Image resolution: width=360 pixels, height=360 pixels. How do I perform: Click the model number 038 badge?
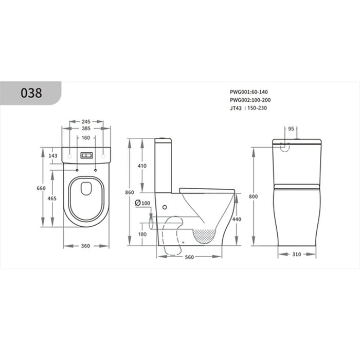(x=32, y=94)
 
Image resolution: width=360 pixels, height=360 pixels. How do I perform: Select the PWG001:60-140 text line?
(x=249, y=92)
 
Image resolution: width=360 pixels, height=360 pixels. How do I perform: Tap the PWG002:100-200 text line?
(x=250, y=100)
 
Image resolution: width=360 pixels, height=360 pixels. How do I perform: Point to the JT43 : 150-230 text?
(x=248, y=108)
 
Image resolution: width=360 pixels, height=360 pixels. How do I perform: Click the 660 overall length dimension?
(x=42, y=188)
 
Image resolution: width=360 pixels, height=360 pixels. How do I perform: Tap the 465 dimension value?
(x=52, y=198)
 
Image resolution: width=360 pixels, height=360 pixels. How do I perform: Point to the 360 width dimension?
(x=85, y=246)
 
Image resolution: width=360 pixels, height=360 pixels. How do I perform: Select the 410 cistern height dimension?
(x=142, y=166)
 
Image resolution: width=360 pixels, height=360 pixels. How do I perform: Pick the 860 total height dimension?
(x=130, y=192)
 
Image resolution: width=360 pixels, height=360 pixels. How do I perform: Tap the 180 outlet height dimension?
(x=142, y=235)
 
